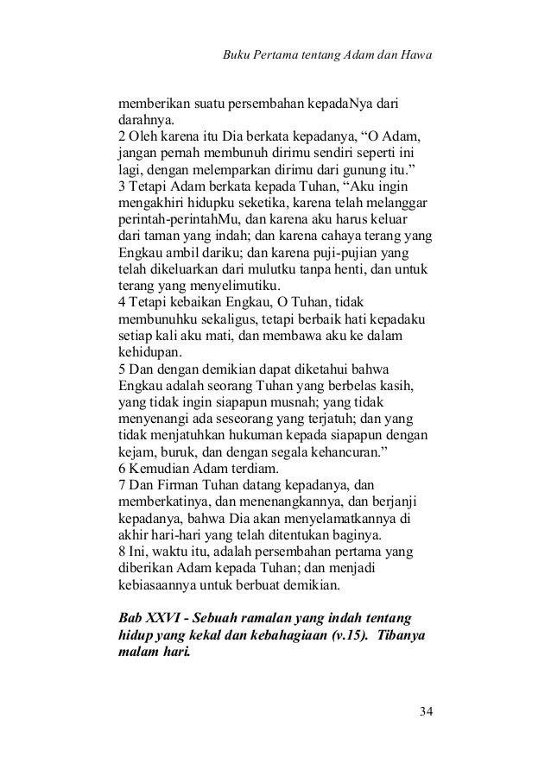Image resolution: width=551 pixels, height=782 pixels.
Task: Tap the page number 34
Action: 425,711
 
